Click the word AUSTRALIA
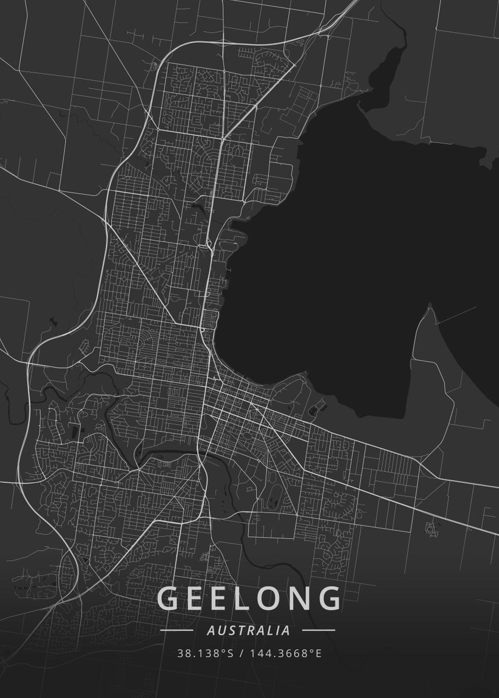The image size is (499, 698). click(x=249, y=630)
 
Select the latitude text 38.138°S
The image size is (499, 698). click(x=205, y=653)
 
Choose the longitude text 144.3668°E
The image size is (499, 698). click(x=286, y=653)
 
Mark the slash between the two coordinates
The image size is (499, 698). click(x=242, y=653)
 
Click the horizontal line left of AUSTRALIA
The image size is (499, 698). click(x=176, y=630)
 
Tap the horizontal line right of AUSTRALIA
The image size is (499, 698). click(x=319, y=630)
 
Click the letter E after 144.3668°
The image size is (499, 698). click(x=318, y=653)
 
